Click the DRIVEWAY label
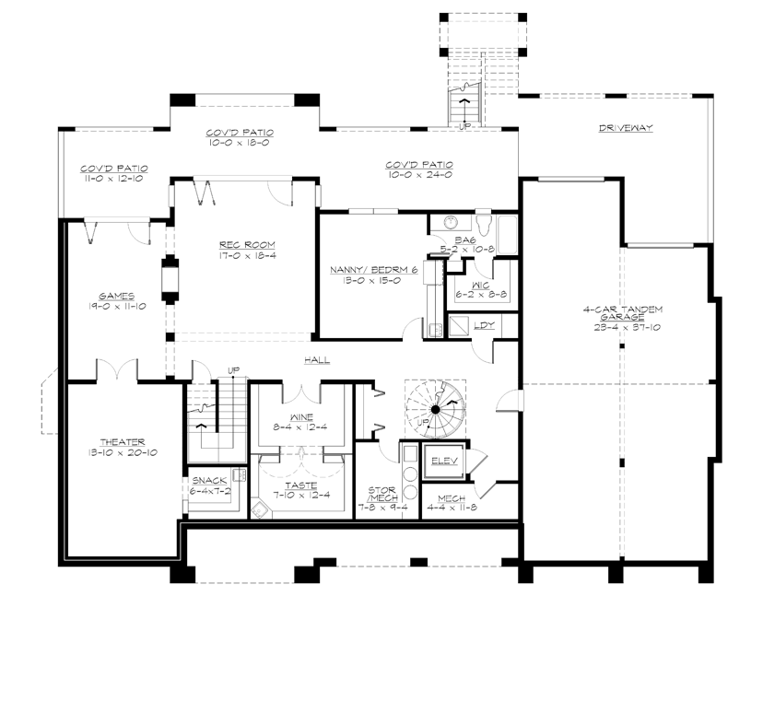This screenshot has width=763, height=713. [x=625, y=128]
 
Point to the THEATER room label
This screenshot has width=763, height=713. [x=123, y=442]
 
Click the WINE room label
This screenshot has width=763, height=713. [x=300, y=416]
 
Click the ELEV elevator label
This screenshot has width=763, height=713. [x=446, y=461]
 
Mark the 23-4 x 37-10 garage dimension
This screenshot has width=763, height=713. [x=624, y=326]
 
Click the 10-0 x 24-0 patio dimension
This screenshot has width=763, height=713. [x=419, y=176]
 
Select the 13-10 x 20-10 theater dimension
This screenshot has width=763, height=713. [x=123, y=453]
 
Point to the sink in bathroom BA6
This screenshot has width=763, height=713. [x=452, y=223]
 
